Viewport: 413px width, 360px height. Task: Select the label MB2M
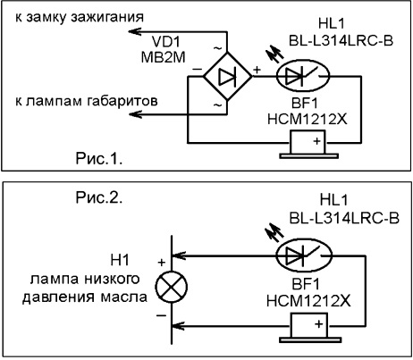tap(163, 57)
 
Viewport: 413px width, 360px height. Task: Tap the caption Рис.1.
tap(99, 158)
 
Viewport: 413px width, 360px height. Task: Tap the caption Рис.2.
tap(99, 197)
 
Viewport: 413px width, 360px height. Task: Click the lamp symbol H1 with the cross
tap(172, 287)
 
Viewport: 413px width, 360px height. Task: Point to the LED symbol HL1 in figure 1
tap(303, 76)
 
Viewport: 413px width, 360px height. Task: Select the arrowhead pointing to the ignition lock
tap(135, 31)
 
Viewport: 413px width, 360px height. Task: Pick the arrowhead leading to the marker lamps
tap(135, 113)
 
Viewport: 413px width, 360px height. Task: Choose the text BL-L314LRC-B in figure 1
tap(341, 41)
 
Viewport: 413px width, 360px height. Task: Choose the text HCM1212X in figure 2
tap(308, 301)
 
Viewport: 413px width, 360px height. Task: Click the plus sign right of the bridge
tap(257, 70)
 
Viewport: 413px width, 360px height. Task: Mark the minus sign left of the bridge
tap(197, 70)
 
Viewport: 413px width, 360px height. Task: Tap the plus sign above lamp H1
tap(162, 263)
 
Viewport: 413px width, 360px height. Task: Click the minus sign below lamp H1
tap(161, 315)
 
